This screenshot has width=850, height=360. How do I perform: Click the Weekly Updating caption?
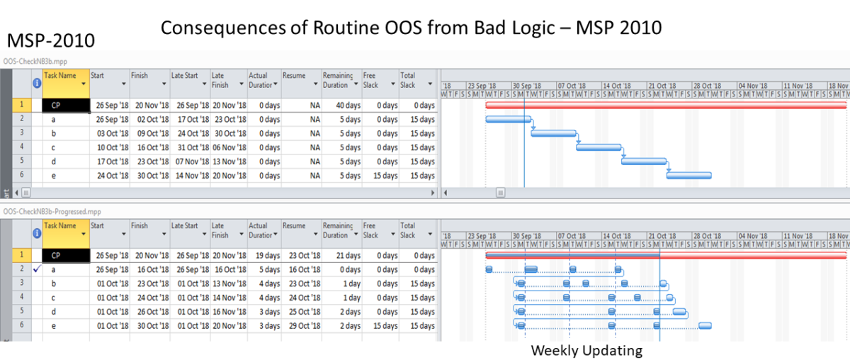point(586,350)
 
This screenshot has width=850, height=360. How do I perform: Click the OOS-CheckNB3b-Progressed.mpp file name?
point(52,211)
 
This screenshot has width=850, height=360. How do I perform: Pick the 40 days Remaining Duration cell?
point(342,106)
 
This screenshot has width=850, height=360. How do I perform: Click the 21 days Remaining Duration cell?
point(342,256)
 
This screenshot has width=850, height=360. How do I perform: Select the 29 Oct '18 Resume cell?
point(303,326)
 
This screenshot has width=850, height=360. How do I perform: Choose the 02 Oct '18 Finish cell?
point(149,120)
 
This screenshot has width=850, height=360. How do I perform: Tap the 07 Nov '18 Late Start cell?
point(190,162)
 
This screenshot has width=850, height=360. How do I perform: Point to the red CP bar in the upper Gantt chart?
point(666,105)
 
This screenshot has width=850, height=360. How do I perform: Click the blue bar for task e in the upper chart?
point(688,175)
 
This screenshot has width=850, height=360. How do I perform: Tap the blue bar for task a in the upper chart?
point(508,119)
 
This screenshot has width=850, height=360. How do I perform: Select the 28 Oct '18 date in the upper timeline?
point(706,86)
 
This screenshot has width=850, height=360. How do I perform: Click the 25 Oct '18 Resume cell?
point(303,312)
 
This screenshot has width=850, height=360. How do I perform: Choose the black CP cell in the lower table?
point(65,256)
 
